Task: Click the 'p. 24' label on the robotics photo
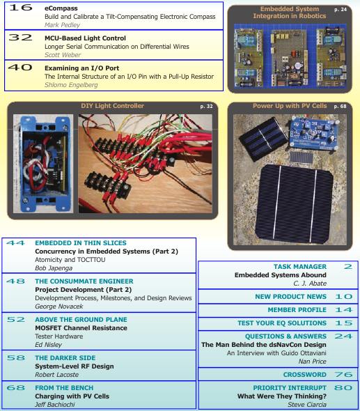(341, 10)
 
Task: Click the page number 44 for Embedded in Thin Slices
(15, 243)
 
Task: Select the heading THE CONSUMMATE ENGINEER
(76, 281)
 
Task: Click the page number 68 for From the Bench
(15, 387)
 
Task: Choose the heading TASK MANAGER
(299, 266)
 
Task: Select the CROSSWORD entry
(304, 374)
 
